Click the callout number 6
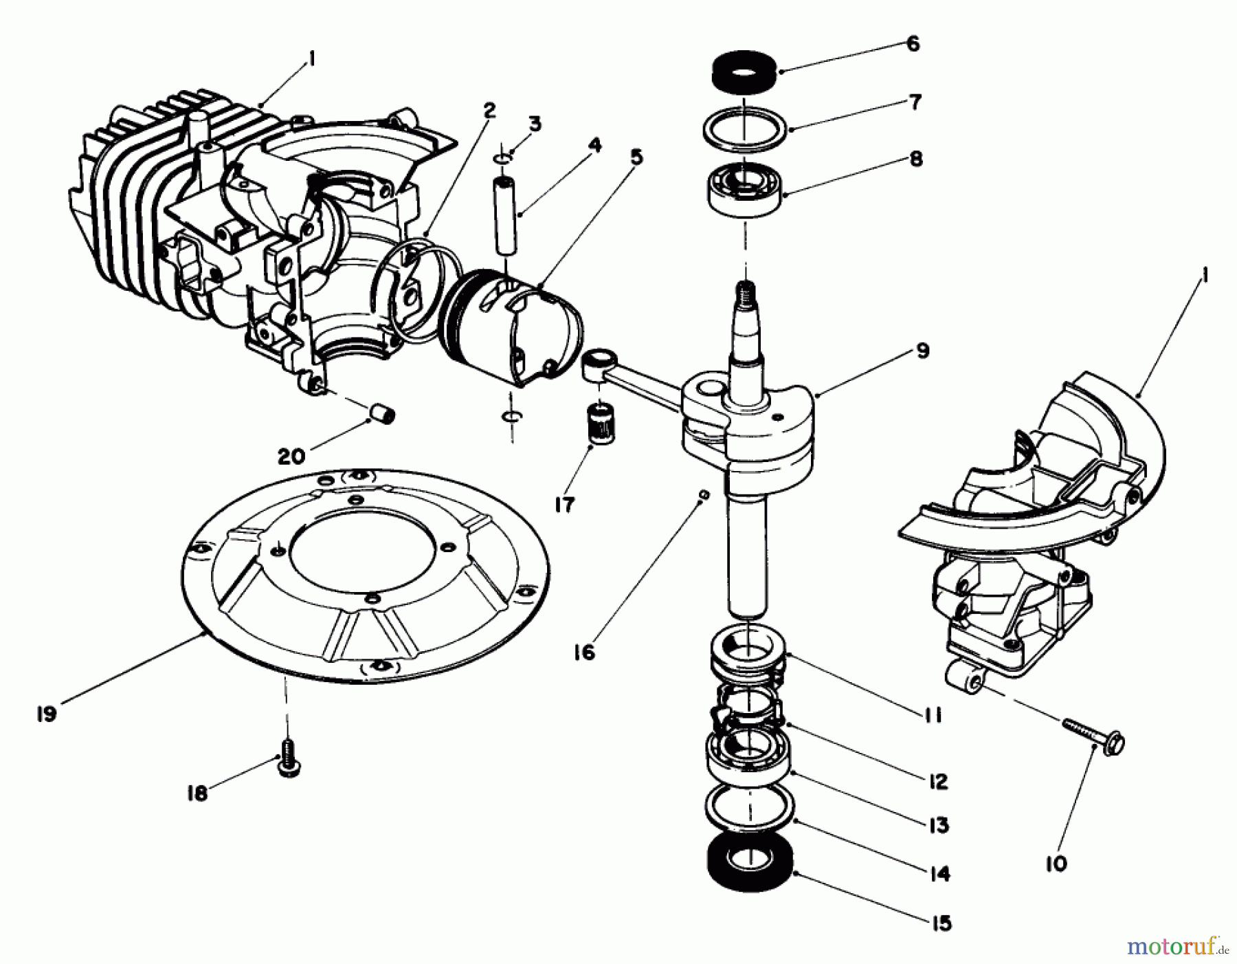913,44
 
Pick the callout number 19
47,714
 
